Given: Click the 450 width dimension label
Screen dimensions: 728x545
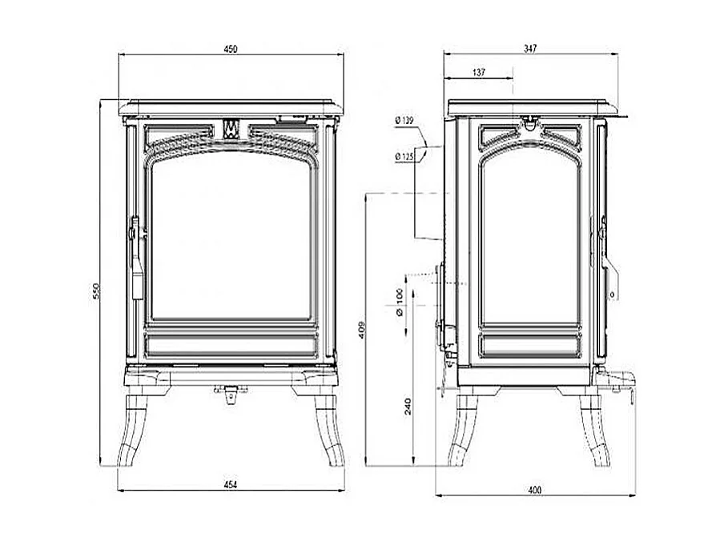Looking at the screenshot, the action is [x=231, y=49].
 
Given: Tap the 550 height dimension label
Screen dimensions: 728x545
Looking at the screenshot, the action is [x=96, y=291].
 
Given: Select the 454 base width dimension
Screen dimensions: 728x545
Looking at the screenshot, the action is [x=231, y=485].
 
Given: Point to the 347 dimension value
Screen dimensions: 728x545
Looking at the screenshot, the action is [x=529, y=48].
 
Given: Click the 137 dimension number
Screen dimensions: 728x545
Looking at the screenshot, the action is [x=479, y=72].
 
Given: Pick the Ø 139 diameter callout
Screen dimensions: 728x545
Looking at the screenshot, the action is [x=404, y=121].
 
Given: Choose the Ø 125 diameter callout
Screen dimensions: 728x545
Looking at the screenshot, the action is [x=404, y=157].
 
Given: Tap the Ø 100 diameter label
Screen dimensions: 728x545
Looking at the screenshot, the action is [x=400, y=303].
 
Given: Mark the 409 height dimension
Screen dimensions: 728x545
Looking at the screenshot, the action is [x=363, y=331].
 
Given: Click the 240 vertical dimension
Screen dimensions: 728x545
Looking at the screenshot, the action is [x=408, y=407].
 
